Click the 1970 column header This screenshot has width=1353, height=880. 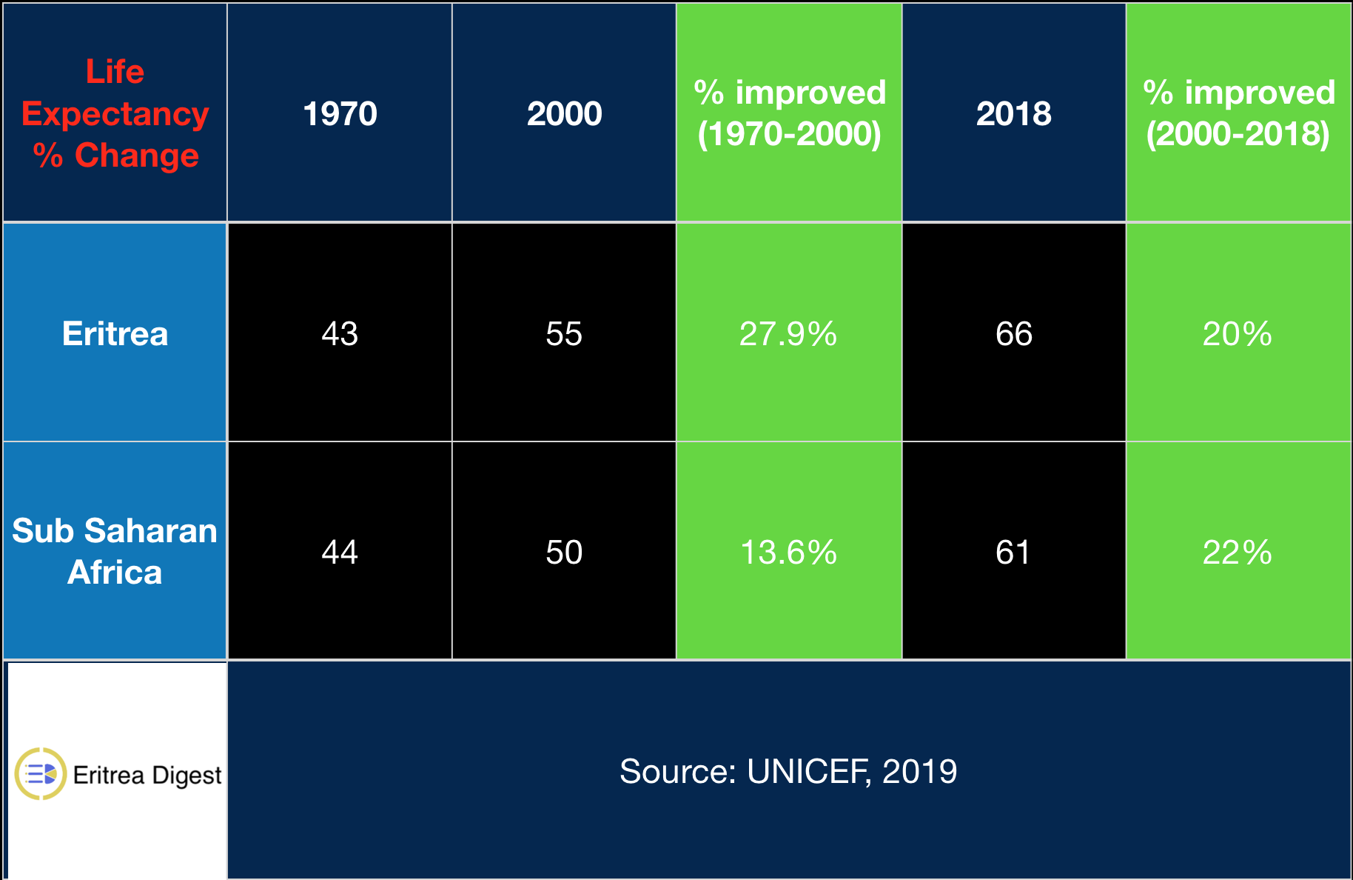340,114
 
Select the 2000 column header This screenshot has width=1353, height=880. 564,114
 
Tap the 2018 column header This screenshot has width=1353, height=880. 1013,114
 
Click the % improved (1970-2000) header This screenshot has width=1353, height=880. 789,113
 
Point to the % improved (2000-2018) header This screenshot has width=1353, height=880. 1238,113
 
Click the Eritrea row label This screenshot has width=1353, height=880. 115,334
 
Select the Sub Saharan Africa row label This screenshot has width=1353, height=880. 115,551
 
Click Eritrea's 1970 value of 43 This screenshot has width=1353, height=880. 340,334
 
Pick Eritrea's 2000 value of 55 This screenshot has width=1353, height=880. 564,334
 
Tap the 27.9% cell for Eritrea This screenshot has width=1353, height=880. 788,334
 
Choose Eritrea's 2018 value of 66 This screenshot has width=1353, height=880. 1013,334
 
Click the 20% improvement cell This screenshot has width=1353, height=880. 1238,334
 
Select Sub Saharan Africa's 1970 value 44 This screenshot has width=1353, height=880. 340,553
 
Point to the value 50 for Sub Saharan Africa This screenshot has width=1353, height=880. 564,553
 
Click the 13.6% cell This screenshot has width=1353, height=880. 788,553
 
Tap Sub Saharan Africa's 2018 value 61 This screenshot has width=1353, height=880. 1013,553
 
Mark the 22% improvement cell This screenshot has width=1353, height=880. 1238,553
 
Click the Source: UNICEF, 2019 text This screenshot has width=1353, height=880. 788,772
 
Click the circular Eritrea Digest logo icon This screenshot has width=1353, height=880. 41,774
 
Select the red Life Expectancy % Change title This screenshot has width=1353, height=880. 115,113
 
